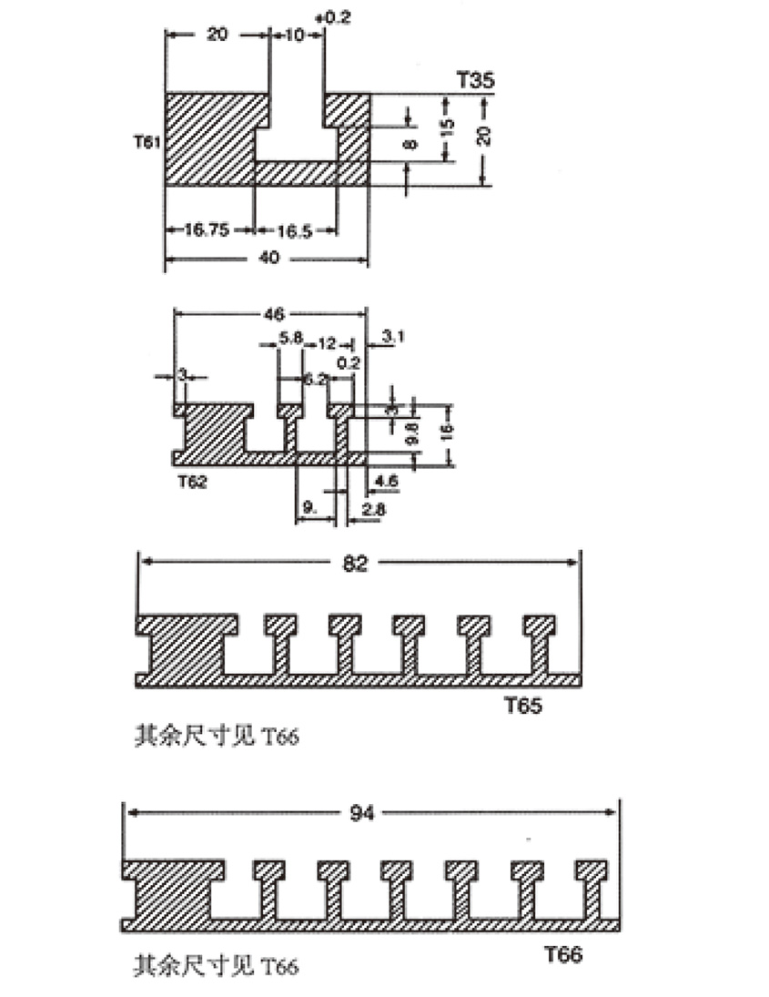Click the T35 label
475,80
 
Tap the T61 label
146,141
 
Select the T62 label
191,482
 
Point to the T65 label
522,705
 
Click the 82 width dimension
356,564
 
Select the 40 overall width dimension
269,259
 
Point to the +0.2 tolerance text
330,18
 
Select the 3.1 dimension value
393,338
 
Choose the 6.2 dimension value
314,381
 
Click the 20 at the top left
217,35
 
